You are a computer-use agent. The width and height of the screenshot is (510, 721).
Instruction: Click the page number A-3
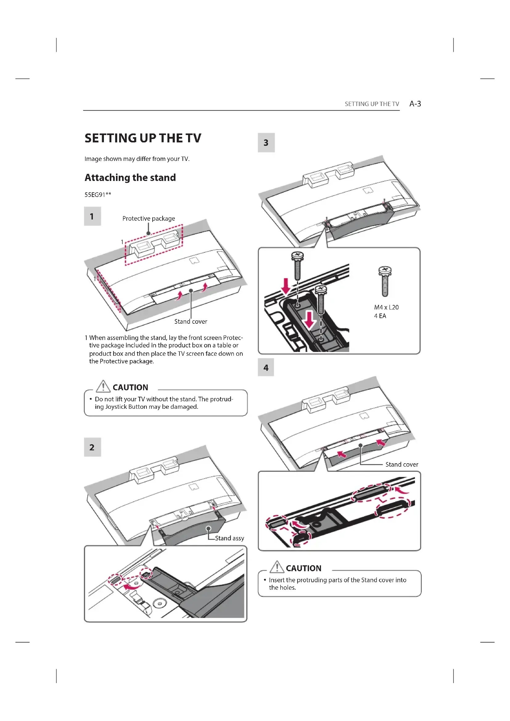click(415, 104)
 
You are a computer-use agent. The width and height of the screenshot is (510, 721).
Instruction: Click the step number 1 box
click(92, 216)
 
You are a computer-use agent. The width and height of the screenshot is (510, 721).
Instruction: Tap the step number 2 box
click(92, 447)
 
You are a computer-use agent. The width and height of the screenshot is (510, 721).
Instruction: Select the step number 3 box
click(266, 143)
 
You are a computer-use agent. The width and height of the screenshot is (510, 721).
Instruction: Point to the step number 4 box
click(266, 367)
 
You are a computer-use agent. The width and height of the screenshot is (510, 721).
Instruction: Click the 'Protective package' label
click(149, 219)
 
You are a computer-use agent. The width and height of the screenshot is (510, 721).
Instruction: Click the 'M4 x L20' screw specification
click(386, 307)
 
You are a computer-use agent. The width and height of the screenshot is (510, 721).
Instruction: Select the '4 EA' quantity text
click(380, 316)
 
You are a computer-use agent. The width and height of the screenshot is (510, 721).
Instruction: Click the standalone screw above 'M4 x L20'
click(385, 281)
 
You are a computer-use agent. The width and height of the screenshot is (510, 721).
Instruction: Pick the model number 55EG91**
click(98, 195)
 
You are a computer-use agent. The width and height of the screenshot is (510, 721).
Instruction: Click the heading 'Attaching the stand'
click(130, 178)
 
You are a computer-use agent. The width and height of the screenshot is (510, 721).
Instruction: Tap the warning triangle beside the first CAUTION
click(103, 386)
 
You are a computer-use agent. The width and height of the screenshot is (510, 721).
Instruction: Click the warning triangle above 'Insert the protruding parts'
click(277, 567)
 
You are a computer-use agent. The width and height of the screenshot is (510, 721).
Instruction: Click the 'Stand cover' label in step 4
click(402, 465)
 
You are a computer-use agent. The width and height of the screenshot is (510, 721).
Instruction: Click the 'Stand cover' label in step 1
click(191, 322)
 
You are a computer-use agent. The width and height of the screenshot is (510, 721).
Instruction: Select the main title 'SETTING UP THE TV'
click(143, 138)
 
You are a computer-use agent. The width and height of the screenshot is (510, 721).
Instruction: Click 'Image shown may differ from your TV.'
click(137, 159)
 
